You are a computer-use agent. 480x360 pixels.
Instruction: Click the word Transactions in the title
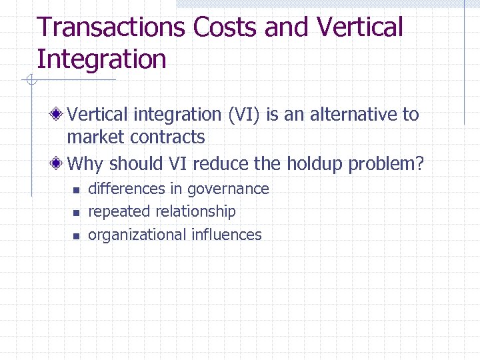[x=111, y=28]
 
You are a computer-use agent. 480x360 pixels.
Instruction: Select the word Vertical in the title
[x=360, y=28]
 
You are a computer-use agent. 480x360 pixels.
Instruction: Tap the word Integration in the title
[x=101, y=59]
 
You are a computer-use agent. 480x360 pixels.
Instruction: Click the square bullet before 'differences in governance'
[x=76, y=191]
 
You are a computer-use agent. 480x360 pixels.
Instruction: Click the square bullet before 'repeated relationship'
[x=76, y=213]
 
